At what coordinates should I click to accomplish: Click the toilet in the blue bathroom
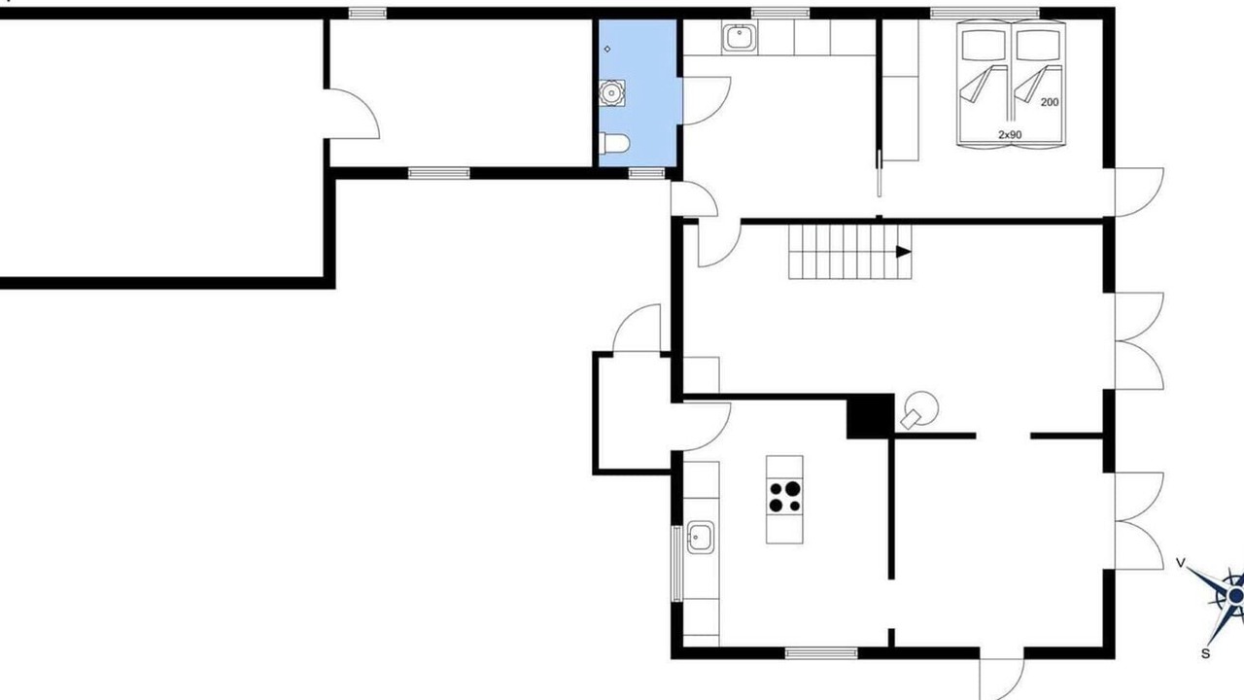[x=614, y=143]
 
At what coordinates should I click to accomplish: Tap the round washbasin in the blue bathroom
[x=612, y=92]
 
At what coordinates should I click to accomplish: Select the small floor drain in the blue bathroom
[x=607, y=49]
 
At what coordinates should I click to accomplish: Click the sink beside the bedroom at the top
[x=740, y=38]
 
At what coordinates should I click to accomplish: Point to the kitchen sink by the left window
[x=701, y=538]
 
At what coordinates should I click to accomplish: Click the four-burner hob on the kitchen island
[x=784, y=497]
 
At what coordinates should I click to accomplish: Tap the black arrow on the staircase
[x=904, y=252]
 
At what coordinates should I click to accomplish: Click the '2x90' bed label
[x=1010, y=134]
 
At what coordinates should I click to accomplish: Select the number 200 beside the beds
[x=1050, y=102]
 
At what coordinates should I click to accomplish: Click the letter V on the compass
[x=1181, y=563]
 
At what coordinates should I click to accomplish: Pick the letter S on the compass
[x=1205, y=654]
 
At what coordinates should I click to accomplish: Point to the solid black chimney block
[x=870, y=416]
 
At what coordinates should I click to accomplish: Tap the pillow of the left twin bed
[x=984, y=45]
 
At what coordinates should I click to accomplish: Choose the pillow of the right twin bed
[x=1038, y=45]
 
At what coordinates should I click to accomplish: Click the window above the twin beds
[x=985, y=13]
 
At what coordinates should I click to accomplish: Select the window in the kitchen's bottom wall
[x=821, y=652]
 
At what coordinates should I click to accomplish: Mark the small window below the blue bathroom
[x=646, y=173]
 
